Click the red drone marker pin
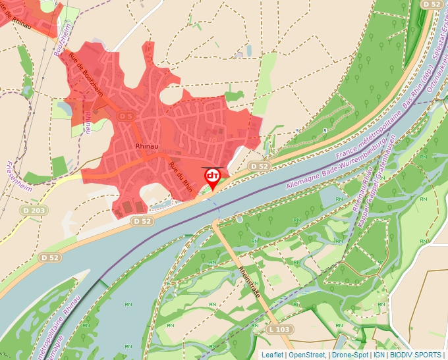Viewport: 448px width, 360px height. (x=213, y=177)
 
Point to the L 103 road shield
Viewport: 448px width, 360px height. (x=281, y=328)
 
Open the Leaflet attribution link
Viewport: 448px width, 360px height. (x=272, y=355)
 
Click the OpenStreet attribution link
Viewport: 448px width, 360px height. (x=307, y=355)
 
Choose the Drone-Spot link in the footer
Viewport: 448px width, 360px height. (x=350, y=355)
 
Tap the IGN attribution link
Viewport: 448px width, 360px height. (x=379, y=355)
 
